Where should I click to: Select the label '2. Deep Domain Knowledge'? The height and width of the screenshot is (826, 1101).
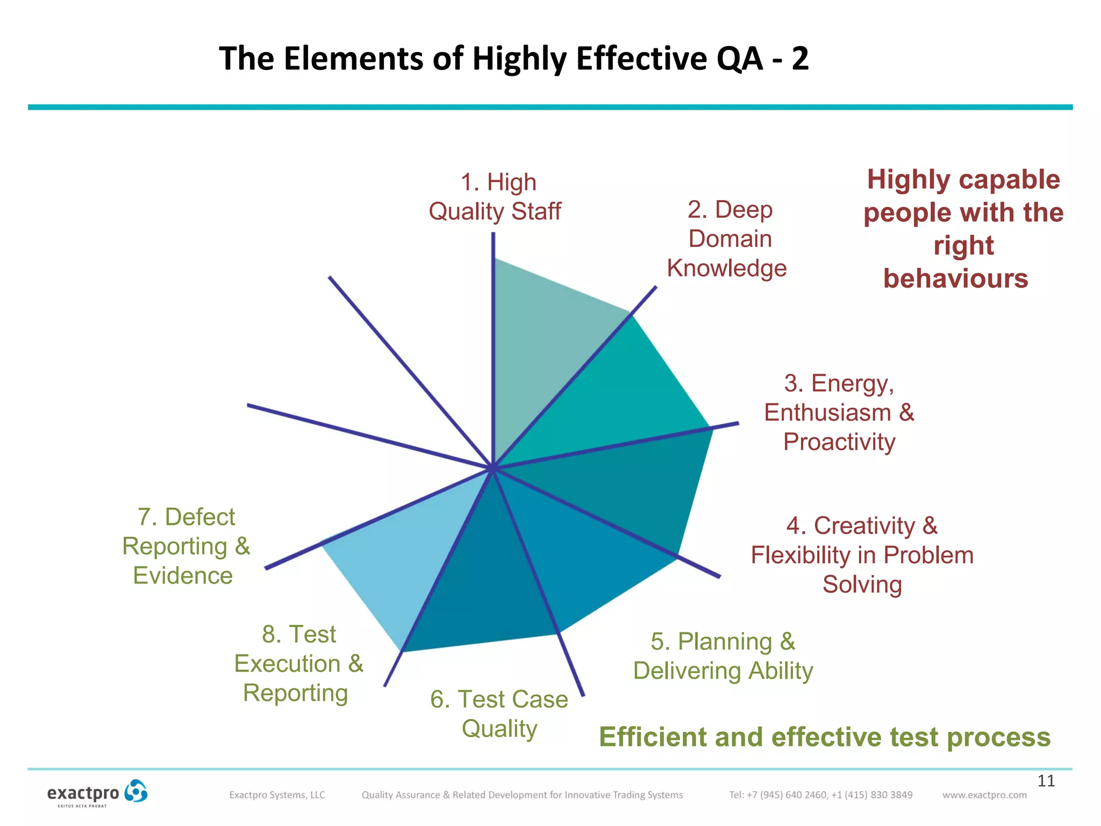point(728,239)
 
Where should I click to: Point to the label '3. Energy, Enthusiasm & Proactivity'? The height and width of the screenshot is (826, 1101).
point(839,412)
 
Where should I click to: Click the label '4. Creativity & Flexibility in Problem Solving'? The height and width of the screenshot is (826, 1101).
point(862,555)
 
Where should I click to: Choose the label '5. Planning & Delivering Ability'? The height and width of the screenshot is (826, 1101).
point(723,656)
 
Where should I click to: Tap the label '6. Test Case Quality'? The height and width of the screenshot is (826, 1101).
point(499,714)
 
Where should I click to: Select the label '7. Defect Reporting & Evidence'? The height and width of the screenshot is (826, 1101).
point(186,546)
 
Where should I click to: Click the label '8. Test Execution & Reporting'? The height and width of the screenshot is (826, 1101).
point(298,664)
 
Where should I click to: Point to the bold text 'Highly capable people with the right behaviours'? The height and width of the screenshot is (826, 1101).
point(963,229)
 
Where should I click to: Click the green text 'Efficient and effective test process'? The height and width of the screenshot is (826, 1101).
point(825,737)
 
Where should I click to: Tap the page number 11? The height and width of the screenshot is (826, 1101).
point(1046,781)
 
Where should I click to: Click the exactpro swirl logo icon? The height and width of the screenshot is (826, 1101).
point(135,792)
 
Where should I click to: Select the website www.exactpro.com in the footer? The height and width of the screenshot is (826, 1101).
point(984,795)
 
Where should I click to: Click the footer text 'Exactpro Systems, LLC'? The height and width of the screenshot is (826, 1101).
point(277,795)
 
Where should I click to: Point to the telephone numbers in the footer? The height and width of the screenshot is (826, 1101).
point(820,795)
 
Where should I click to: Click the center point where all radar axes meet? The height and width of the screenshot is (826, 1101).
point(492,468)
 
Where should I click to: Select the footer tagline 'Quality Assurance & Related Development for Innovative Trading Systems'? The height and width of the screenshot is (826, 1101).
point(522,795)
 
